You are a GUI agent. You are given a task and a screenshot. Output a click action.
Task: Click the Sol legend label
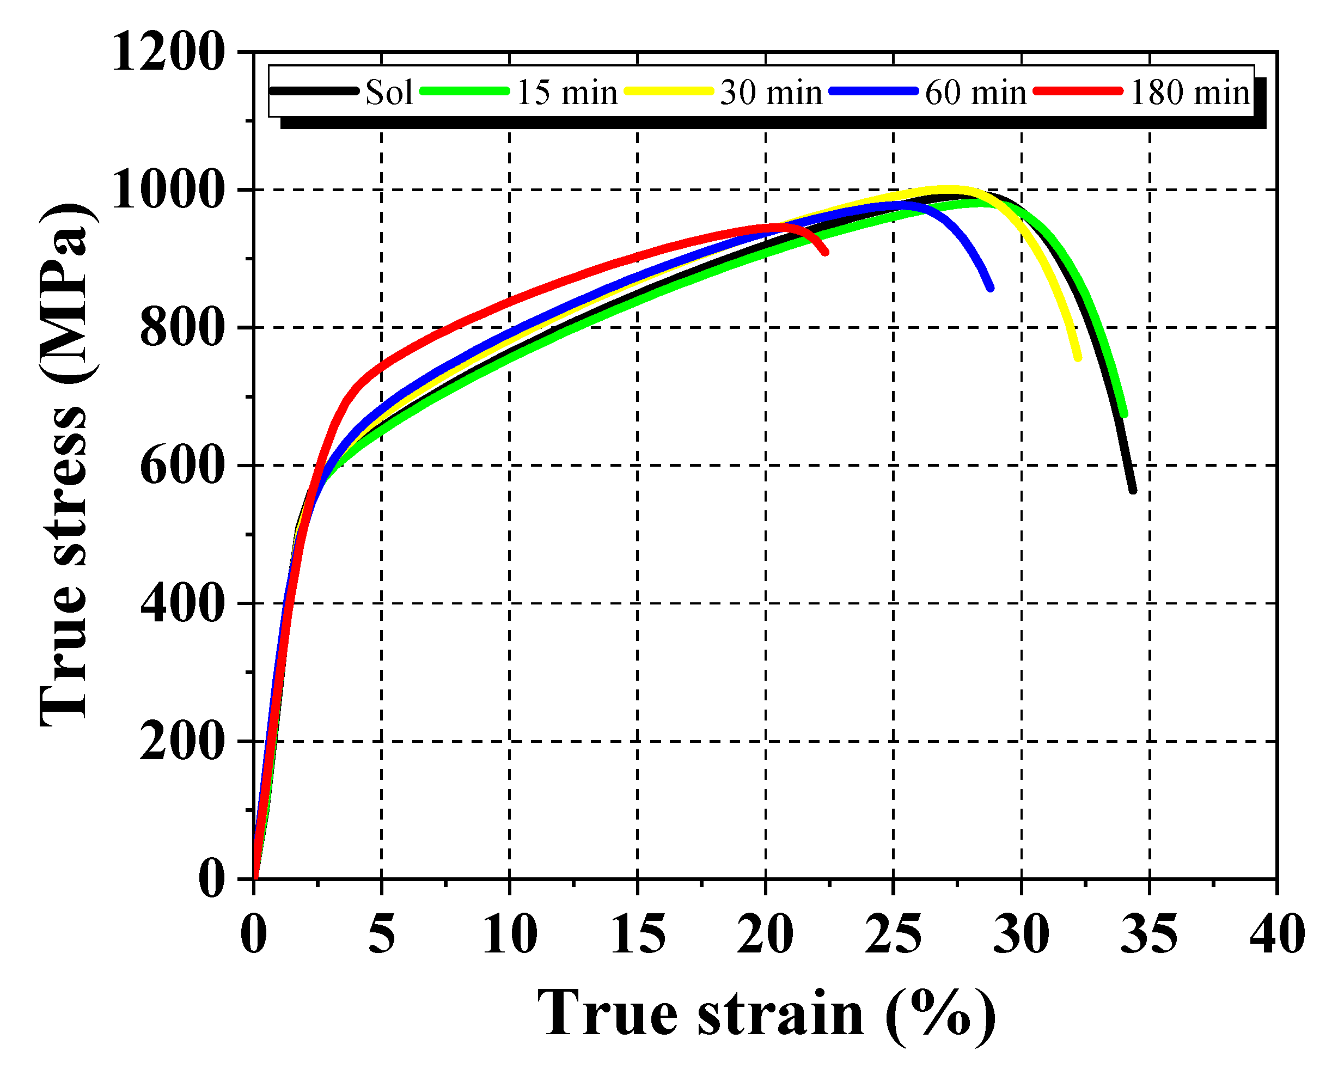click(x=389, y=93)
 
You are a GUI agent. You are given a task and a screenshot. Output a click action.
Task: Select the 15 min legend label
click(x=566, y=93)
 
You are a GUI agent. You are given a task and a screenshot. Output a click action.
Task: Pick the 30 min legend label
click(x=771, y=93)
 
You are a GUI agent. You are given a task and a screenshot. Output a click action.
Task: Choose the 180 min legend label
click(x=1190, y=93)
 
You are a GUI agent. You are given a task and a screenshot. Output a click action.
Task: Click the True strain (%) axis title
click(x=766, y=1015)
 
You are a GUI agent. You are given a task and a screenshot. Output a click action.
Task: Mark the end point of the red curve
click(x=826, y=252)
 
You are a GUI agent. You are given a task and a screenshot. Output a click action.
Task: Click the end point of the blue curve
click(x=991, y=288)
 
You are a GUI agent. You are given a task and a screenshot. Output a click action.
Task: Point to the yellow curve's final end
click(x=1079, y=358)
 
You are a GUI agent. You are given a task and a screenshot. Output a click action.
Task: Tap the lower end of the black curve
click(x=1133, y=491)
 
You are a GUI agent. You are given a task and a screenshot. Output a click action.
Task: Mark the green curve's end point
click(x=1125, y=414)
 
